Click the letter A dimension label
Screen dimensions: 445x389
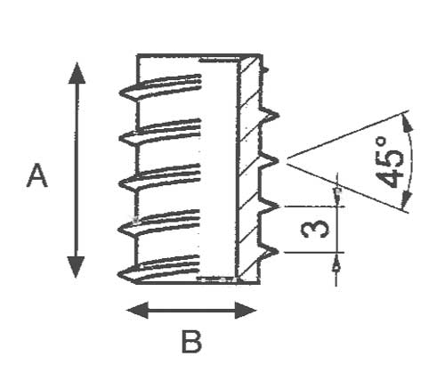click(x=37, y=175)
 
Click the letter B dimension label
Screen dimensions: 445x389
click(x=191, y=342)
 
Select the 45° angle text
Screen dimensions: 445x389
click(x=390, y=162)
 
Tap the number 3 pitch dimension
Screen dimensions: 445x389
click(x=315, y=230)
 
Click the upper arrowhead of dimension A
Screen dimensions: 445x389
click(x=77, y=73)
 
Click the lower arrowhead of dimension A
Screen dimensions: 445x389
click(x=76, y=267)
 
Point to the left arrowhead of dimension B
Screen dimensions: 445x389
click(x=137, y=311)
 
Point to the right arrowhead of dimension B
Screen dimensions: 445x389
click(x=246, y=311)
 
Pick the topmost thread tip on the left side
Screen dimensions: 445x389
click(x=120, y=93)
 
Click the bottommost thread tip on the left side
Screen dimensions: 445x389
click(x=118, y=274)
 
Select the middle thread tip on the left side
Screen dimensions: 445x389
click(x=119, y=183)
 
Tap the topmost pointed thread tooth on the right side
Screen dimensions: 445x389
click(x=278, y=115)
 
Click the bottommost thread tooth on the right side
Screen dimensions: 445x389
click(x=279, y=252)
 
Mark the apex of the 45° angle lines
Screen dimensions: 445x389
click(x=287, y=160)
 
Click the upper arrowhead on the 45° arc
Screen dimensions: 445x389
click(x=407, y=122)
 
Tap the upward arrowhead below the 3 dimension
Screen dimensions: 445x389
click(x=336, y=264)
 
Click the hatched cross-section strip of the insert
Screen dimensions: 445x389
click(x=248, y=169)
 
